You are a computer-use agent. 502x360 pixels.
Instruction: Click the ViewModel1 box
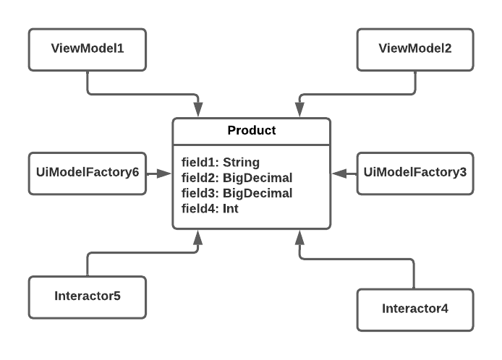(x=88, y=50)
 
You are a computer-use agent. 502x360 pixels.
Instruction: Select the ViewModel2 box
(x=415, y=50)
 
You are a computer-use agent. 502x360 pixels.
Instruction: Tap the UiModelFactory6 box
(x=88, y=173)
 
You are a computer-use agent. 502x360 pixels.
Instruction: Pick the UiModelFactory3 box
(x=415, y=173)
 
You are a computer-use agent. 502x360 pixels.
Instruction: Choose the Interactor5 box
(x=88, y=297)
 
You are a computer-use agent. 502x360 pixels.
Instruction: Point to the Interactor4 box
(x=415, y=310)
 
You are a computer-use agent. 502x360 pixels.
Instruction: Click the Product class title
(x=252, y=130)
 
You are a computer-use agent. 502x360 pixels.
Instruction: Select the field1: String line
(x=221, y=163)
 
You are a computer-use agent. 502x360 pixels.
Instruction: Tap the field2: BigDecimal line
(x=237, y=178)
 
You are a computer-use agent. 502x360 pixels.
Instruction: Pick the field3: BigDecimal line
(x=237, y=193)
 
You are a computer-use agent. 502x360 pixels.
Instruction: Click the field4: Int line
(x=210, y=209)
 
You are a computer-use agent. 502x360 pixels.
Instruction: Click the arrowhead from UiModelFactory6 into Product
(x=164, y=173)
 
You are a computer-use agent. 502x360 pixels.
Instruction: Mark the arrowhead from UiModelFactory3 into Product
(x=339, y=173)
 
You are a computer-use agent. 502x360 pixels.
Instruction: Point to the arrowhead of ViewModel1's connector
(x=198, y=110)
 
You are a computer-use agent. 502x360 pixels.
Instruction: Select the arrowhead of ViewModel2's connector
(x=299, y=110)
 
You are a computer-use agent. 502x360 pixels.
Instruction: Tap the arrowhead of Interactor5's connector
(x=198, y=237)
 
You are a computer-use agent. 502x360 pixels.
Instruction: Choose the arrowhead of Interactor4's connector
(x=299, y=237)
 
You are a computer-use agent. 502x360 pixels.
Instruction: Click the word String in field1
(x=241, y=163)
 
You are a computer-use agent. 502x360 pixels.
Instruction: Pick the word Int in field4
(x=231, y=209)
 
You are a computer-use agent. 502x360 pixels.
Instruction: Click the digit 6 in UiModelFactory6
(x=136, y=172)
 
